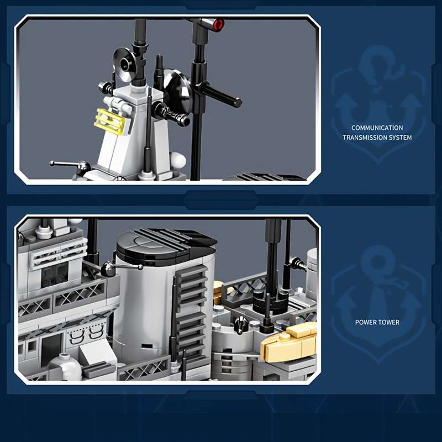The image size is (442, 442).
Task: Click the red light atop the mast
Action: pyautogui.click(x=218, y=24)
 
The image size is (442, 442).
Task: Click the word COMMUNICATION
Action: pyautogui.click(x=377, y=128)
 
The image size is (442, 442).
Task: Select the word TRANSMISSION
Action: pyautogui.click(x=365, y=138)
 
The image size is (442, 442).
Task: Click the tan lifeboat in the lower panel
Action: pyautogui.click(x=289, y=343)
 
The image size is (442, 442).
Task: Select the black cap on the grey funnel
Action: pyautogui.click(x=166, y=245)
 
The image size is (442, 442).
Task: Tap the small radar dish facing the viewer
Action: pyautogui.click(x=125, y=65)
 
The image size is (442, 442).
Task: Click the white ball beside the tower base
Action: pyautogui.click(x=178, y=160)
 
